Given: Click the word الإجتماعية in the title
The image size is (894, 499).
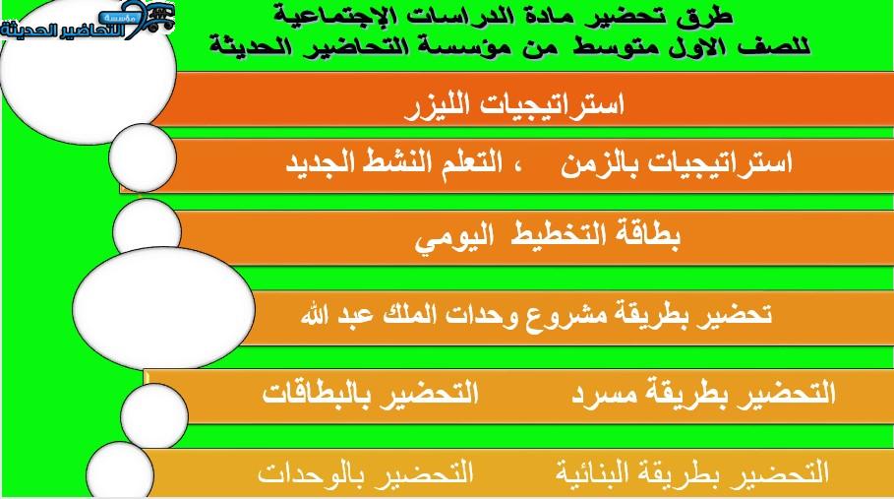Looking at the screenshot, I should point(312,17).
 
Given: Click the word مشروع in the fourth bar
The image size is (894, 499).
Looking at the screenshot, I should point(557,315).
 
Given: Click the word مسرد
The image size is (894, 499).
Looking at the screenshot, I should point(607,394).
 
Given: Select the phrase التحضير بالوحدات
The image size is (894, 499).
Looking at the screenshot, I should point(366,472).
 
